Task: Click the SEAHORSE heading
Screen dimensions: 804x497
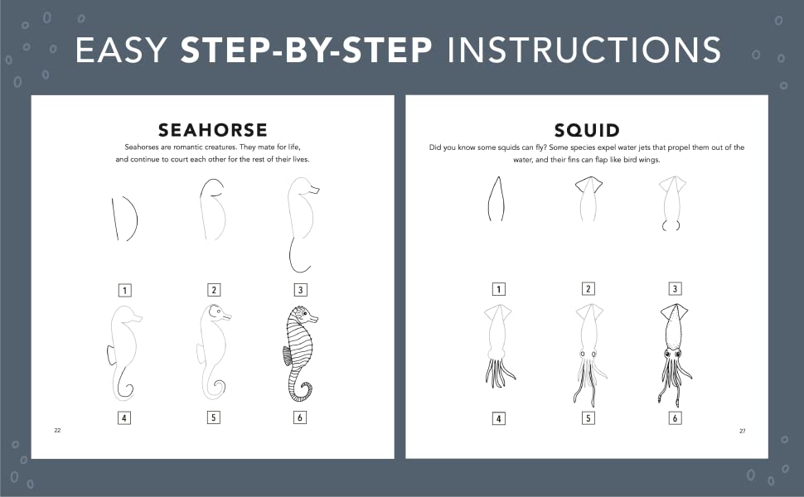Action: click(213, 130)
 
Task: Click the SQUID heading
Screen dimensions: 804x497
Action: click(587, 130)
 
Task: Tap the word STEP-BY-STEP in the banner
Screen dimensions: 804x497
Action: click(307, 51)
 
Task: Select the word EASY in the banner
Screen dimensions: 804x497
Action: click(121, 51)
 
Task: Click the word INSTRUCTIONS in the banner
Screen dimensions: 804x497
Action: click(584, 51)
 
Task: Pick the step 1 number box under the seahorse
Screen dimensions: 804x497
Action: click(124, 291)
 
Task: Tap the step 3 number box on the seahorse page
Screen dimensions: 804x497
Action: click(301, 290)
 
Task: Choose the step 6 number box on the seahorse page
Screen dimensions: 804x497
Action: click(300, 417)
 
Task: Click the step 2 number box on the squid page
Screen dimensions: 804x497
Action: click(588, 289)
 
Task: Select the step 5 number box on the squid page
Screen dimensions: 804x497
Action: click(588, 418)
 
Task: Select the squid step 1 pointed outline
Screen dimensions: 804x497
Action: click(496, 200)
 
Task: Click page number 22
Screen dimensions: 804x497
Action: click(57, 431)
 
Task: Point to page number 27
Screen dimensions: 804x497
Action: click(743, 431)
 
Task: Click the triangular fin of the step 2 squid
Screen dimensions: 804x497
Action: click(588, 185)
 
